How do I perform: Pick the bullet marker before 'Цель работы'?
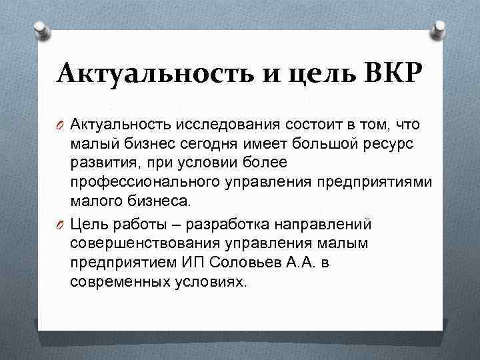[x=61, y=223]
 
